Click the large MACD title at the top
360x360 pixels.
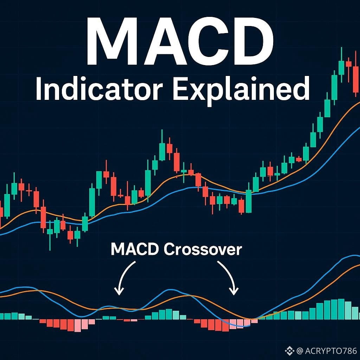[180, 41]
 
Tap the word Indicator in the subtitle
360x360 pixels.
[99, 89]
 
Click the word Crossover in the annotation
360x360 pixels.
[203, 249]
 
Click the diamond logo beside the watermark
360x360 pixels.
[290, 351]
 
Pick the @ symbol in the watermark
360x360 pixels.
[300, 351]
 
